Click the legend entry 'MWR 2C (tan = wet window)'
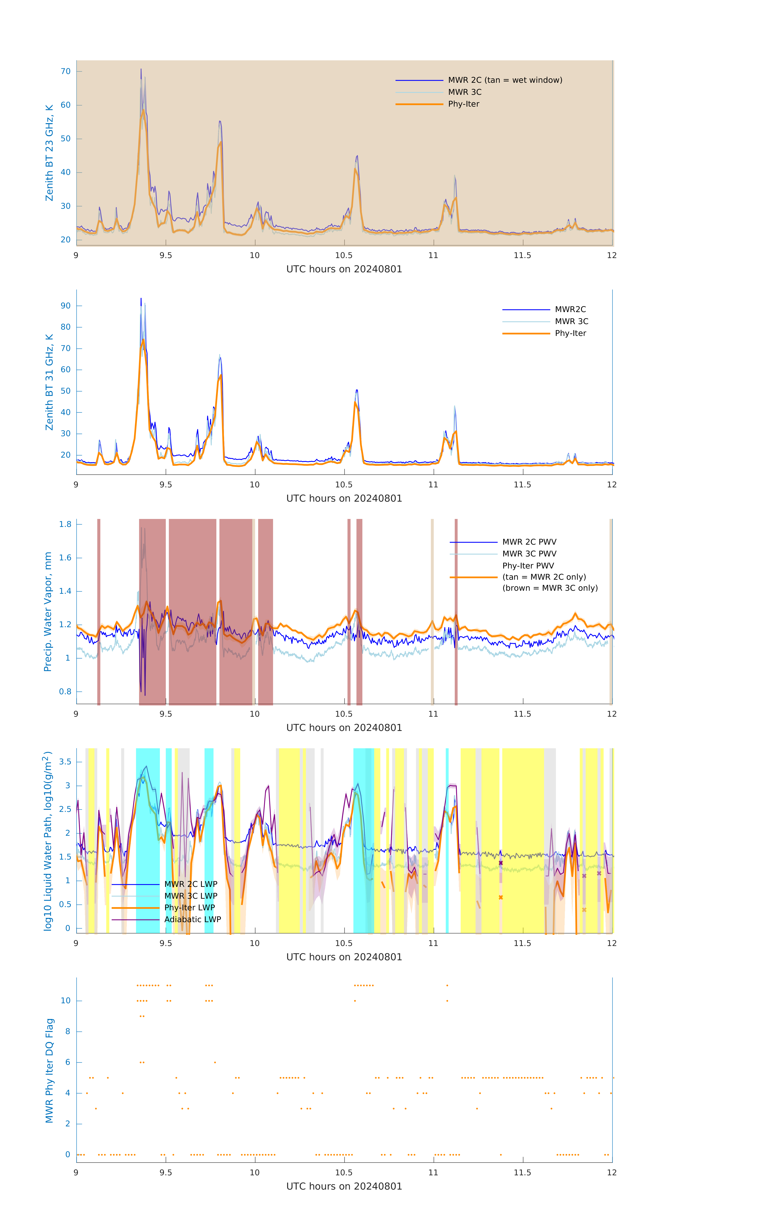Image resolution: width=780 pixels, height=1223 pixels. coord(505,80)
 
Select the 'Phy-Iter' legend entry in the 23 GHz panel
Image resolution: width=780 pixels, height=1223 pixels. coord(464,104)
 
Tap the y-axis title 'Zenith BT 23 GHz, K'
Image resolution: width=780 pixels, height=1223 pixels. coord(49,153)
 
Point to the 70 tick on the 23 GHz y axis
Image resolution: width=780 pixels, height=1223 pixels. coord(65,72)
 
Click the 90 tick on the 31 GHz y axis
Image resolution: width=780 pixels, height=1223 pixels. coord(65,306)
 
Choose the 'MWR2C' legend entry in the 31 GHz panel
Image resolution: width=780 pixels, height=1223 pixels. coord(570,309)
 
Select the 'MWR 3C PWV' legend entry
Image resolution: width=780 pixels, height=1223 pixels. coord(529,554)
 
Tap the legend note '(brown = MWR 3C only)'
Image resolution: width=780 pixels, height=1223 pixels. coord(550,588)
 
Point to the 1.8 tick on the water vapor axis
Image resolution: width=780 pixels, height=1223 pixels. coord(65,524)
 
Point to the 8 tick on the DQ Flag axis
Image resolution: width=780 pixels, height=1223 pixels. coord(67,1032)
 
